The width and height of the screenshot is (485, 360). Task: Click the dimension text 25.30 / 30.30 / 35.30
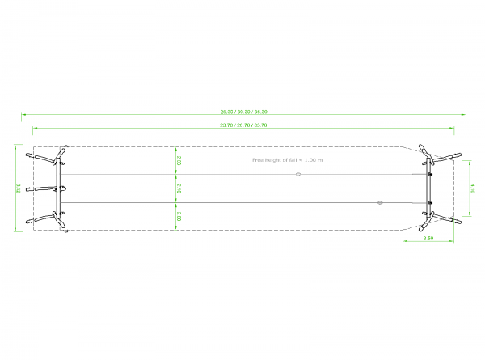pos(243,111)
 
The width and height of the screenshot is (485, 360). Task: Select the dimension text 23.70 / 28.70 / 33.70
pos(243,125)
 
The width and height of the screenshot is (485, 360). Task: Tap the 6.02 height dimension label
pos(18,188)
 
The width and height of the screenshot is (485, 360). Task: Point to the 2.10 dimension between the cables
pos(179,188)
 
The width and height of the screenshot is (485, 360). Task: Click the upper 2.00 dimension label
pos(179,161)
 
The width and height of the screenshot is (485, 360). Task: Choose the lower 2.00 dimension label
pos(179,216)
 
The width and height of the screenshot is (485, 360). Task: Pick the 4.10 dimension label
pos(473,188)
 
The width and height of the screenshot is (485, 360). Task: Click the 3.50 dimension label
pos(429,239)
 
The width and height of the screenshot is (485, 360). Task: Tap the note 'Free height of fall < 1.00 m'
pos(287,160)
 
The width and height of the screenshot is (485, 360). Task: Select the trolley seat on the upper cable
pos(298,175)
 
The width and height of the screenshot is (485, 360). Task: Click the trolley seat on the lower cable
pos(379,202)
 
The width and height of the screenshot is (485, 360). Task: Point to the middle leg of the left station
pos(40,189)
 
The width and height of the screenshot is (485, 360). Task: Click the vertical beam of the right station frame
pos(430,188)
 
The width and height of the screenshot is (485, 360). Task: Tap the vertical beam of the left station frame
pos(58,188)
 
